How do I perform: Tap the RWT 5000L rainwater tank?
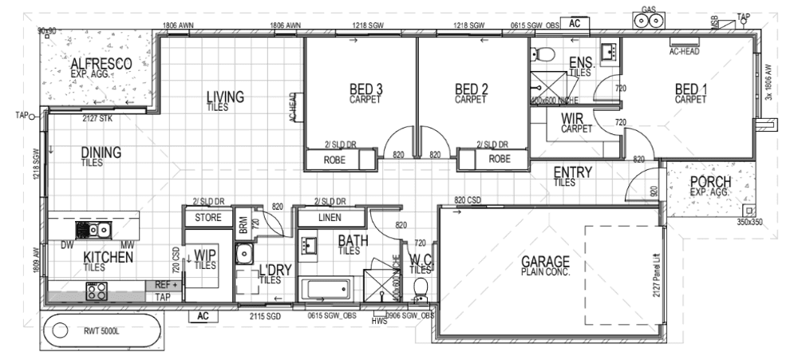[x=101, y=330]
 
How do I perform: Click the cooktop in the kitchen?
[x=97, y=292]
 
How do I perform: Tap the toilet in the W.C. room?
[x=421, y=287]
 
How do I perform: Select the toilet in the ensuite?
[x=546, y=54]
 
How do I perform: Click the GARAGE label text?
[x=546, y=262]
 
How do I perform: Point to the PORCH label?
[x=711, y=182]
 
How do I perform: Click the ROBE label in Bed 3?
[x=334, y=160]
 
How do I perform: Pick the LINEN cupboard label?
[x=329, y=217]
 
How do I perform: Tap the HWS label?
[x=379, y=322]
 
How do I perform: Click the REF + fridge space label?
[x=163, y=285]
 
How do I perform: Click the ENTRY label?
[x=572, y=172]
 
